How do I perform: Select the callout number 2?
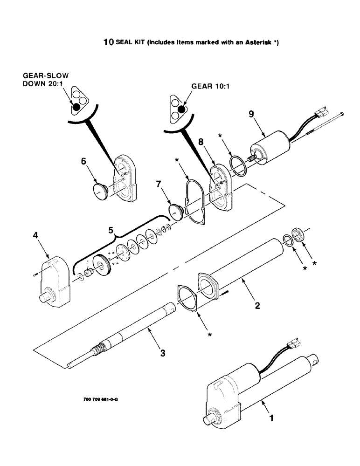coord(257,306)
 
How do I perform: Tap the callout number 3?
coord(162,353)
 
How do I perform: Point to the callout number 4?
coord(35,236)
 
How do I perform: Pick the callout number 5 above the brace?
coord(111,230)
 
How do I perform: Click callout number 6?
coord(83,161)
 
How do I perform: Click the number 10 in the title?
coord(108,42)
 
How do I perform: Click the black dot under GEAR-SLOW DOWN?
coord(76,105)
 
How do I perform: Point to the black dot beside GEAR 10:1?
coord(181,110)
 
